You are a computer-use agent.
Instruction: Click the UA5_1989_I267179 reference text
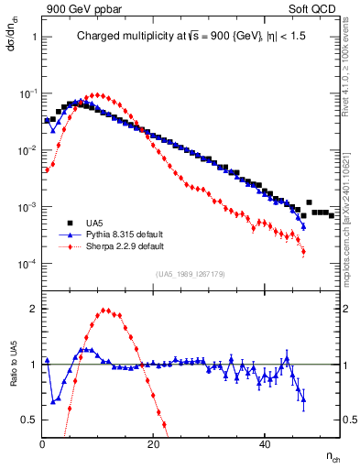click(185, 273)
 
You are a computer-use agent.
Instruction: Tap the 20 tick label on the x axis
click(153, 444)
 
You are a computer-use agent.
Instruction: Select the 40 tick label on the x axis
click(264, 444)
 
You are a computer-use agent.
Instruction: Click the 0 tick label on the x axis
click(42, 444)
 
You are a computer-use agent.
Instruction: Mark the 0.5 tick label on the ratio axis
click(27, 420)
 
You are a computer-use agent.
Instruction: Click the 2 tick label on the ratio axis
click(33, 309)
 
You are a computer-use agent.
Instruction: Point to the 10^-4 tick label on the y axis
click(26, 264)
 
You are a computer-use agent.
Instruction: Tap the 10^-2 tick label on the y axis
click(26, 150)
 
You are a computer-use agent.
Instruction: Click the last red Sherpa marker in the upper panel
click(303, 252)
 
